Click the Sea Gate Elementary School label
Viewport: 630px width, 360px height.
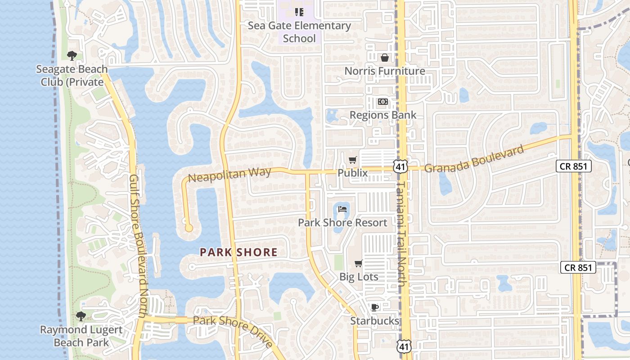(x=299, y=32)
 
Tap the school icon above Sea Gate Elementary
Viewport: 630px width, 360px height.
(x=299, y=12)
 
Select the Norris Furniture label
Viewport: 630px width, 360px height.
(x=385, y=71)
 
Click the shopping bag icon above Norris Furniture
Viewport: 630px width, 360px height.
(x=385, y=58)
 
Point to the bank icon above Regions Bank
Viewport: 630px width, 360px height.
(x=382, y=102)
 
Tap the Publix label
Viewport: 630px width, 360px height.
(x=352, y=173)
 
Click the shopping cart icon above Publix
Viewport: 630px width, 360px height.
(x=353, y=160)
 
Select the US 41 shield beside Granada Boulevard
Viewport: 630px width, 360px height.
(x=400, y=166)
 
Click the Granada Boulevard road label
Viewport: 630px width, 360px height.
(x=474, y=159)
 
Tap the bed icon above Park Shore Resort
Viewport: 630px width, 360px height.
(x=342, y=209)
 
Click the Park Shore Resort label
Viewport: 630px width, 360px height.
(x=342, y=223)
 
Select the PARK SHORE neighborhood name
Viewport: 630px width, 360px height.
(x=238, y=252)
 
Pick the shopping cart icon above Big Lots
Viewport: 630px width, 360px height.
(x=359, y=264)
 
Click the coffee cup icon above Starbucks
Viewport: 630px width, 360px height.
(x=374, y=307)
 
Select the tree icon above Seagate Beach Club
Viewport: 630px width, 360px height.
(x=72, y=56)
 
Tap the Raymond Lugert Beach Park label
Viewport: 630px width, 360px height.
(x=81, y=336)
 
